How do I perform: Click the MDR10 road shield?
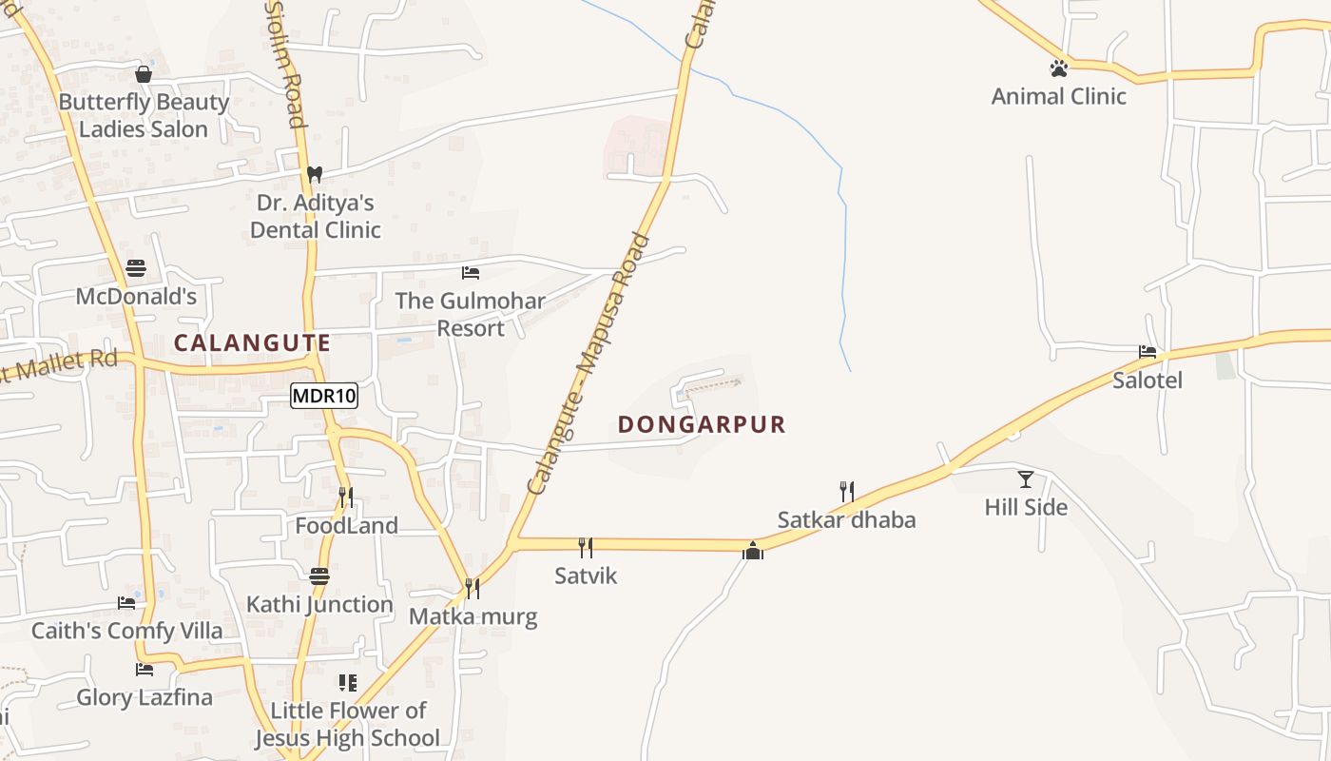pos(324,396)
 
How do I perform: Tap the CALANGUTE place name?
pos(253,343)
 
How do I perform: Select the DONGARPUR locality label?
pos(703,424)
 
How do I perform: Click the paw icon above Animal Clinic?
pos(1058,68)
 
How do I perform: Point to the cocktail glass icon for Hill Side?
pos(1025,478)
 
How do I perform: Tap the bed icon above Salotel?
pos(1148,352)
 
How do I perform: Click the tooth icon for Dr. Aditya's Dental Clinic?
pos(315,175)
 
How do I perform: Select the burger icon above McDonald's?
pos(136,268)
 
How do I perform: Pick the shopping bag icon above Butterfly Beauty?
pos(144,74)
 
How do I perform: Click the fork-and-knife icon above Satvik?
pos(586,547)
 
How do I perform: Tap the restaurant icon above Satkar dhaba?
pos(846,492)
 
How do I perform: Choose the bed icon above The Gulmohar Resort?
pos(470,273)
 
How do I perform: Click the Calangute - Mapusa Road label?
pos(588,364)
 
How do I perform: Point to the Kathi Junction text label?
pos(319,605)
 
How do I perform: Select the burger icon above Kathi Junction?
pos(319,576)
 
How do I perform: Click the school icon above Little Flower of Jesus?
pos(348,683)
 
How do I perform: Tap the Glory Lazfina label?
pos(145,698)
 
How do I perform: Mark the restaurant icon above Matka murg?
pos(472,589)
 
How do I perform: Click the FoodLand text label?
pos(346,526)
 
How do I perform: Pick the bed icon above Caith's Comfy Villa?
pos(126,602)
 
